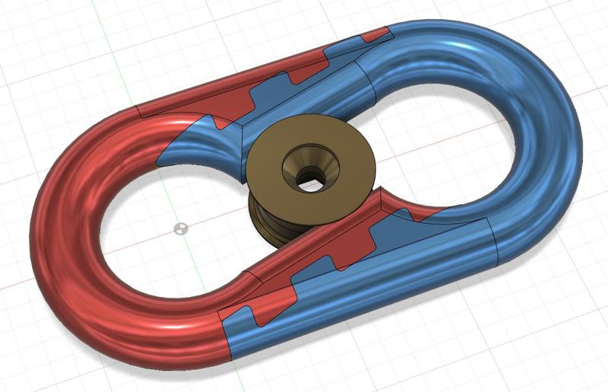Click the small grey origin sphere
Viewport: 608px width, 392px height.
pos(180,228)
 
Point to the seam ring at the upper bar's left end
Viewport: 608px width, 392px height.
pos(141,111)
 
